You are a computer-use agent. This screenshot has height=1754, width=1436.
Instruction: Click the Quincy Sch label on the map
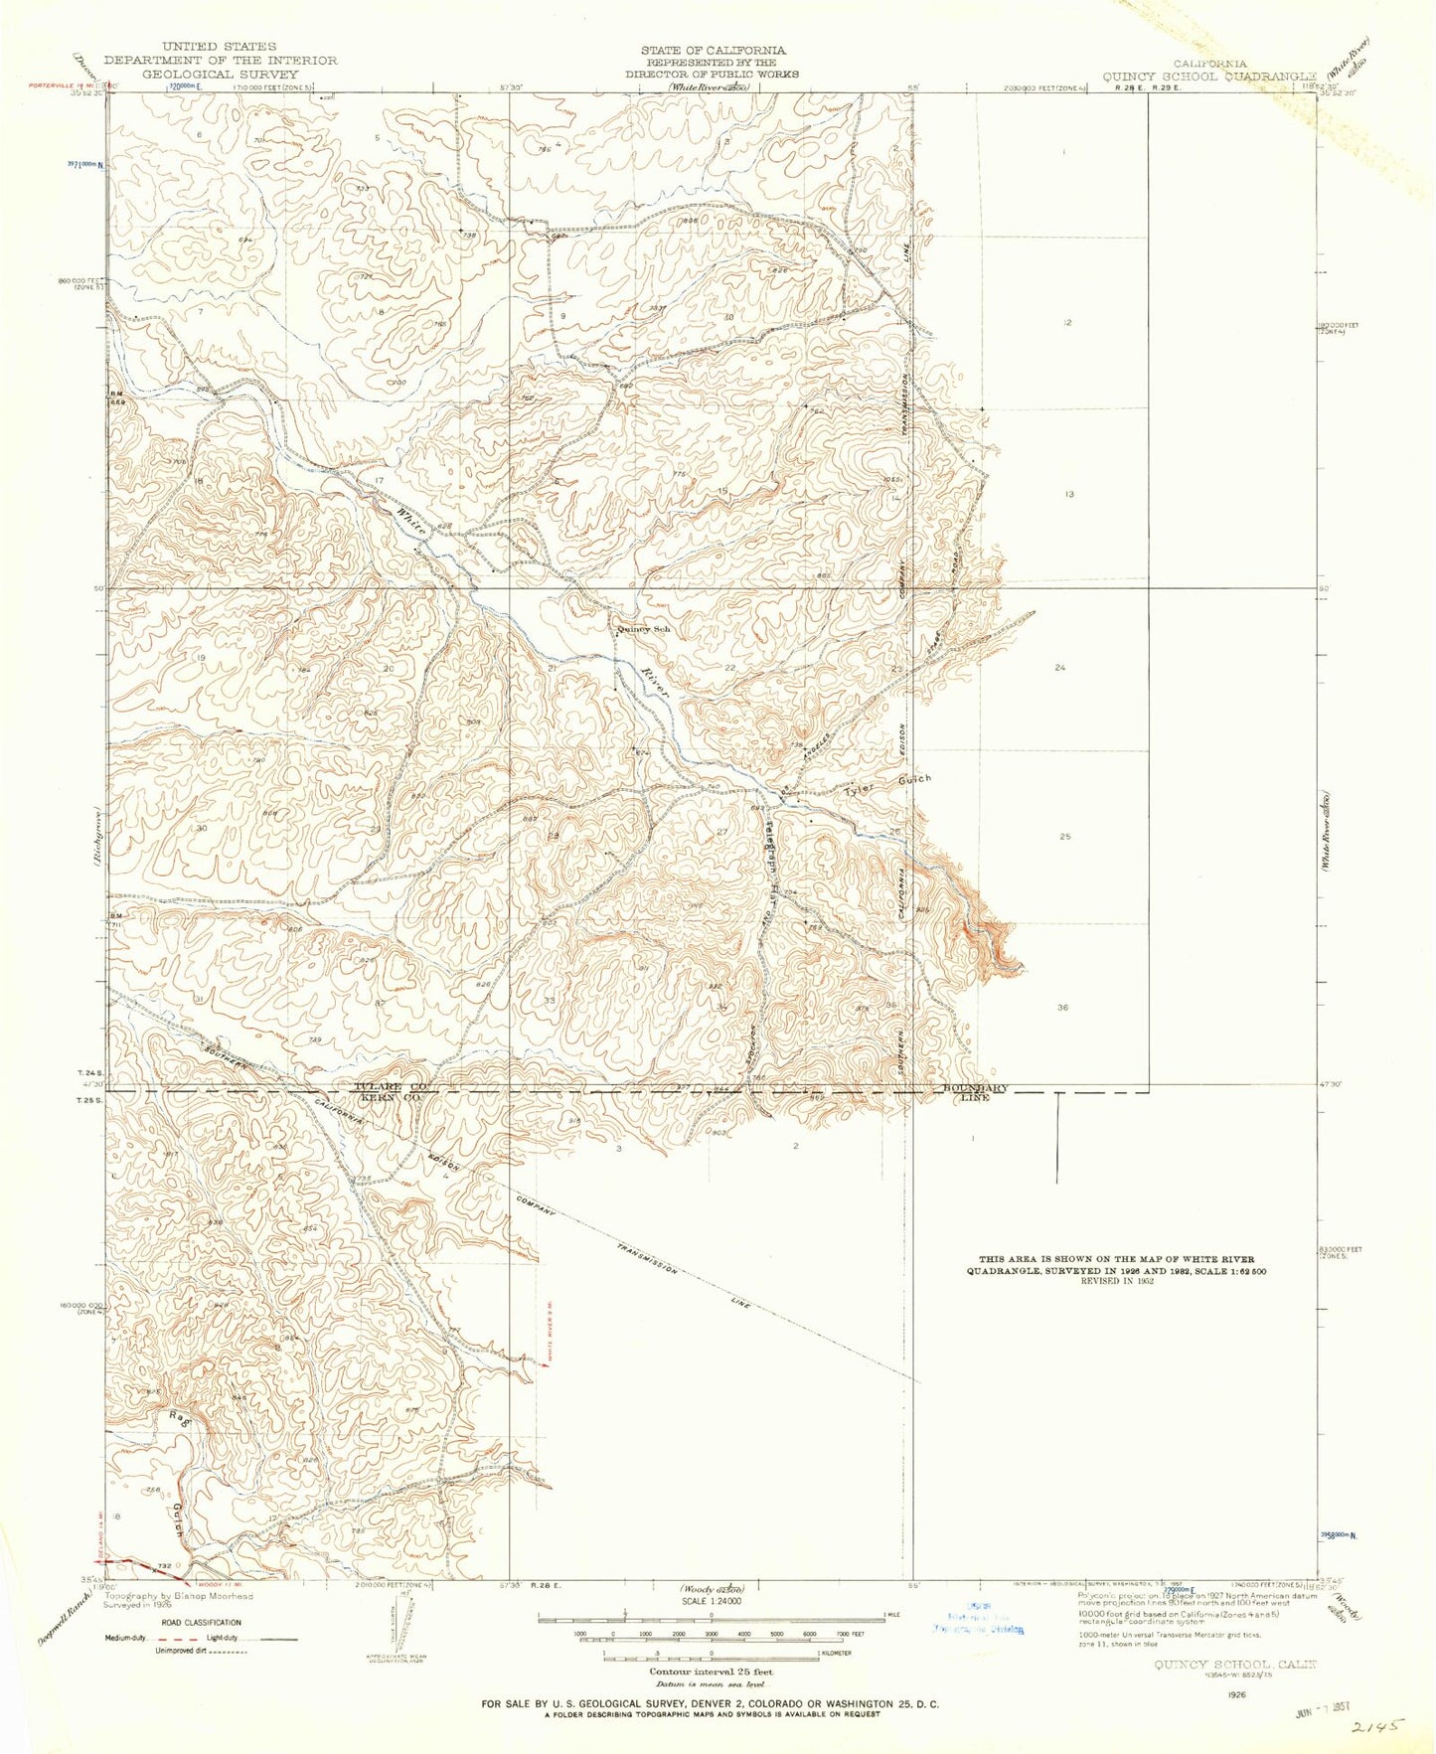(644, 629)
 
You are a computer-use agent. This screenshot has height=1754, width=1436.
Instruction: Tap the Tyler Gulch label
(887, 786)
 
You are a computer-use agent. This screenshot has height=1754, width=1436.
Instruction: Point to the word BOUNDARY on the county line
(973, 1088)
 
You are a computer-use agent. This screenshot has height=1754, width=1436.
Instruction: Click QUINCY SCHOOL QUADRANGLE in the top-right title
(1208, 76)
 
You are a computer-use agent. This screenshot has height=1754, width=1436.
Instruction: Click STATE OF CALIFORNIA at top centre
(714, 49)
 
